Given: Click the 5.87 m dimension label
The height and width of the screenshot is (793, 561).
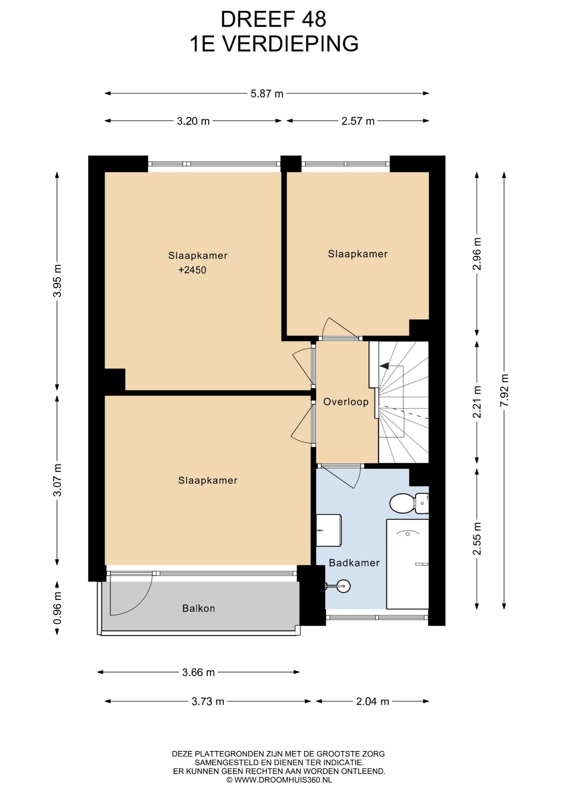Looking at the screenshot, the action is [267, 94].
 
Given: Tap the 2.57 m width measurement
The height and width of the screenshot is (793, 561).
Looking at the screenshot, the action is [358, 121].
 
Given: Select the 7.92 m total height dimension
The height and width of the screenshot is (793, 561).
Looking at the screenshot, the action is [504, 390].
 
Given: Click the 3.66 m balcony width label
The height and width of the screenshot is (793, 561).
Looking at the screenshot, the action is [198, 672].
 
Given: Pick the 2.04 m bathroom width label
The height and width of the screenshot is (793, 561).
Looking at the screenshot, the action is [373, 701].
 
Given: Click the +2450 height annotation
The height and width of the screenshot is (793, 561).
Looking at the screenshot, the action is [192, 270].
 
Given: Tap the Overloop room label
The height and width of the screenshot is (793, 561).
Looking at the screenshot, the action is [346, 402].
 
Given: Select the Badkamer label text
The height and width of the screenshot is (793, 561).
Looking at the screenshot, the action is [354, 563].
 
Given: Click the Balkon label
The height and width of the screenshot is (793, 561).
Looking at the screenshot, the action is [198, 608].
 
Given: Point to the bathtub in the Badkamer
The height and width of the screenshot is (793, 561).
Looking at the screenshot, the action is [407, 564].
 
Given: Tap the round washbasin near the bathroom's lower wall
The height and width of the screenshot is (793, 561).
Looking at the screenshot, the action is [343, 586].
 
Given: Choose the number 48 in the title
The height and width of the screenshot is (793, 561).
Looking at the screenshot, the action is [314, 19].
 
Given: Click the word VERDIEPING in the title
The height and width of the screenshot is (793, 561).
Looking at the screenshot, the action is [291, 44].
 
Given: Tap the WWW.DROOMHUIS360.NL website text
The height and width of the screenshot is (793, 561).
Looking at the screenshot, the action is [283, 780].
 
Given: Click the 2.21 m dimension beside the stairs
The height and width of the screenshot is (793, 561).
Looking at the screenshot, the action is [477, 402].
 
